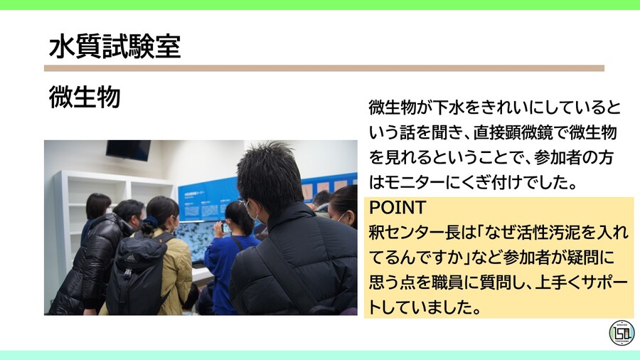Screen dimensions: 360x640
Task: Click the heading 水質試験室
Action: coord(114,46)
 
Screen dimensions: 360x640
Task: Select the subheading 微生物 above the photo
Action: coord(84,98)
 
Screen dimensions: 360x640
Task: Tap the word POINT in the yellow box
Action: coord(398,208)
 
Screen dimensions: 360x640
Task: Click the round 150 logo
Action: coord(622,332)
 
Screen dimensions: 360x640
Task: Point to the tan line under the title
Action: coord(324,68)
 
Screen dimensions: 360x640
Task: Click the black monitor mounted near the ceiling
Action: coord(128,149)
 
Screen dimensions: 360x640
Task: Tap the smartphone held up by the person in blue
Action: coord(226,228)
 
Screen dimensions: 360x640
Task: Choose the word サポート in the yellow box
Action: coord(596,282)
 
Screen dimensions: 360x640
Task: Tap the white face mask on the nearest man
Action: coord(251,211)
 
